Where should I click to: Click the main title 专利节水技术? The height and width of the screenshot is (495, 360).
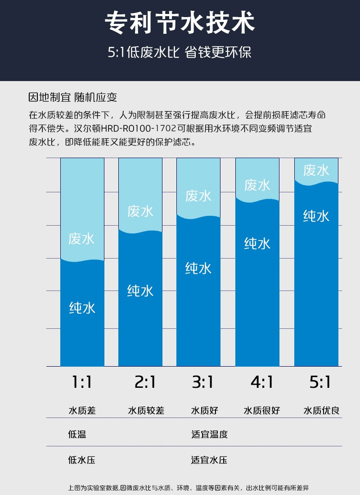click(180, 23)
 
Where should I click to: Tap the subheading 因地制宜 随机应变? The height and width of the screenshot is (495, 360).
click(72, 97)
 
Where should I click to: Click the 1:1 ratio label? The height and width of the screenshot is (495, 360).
click(82, 382)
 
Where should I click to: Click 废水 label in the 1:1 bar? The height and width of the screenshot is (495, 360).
click(82, 238)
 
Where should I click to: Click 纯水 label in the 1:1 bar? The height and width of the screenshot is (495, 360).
click(82, 308)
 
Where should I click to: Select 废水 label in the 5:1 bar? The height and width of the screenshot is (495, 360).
click(316, 170)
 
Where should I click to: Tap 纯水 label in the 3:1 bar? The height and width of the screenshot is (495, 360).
click(198, 268)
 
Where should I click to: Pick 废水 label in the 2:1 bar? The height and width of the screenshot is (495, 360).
click(140, 211)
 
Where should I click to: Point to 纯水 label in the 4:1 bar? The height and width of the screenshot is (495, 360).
click(257, 244)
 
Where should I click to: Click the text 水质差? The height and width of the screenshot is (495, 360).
click(82, 411)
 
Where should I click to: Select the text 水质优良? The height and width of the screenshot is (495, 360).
click(321, 411)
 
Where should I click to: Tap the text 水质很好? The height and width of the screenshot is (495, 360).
click(262, 411)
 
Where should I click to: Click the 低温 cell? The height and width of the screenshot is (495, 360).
click(77, 435)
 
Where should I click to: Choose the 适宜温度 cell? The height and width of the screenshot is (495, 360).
click(209, 435)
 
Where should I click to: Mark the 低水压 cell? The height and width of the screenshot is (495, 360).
click(81, 460)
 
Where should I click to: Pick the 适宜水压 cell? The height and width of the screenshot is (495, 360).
click(209, 460)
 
